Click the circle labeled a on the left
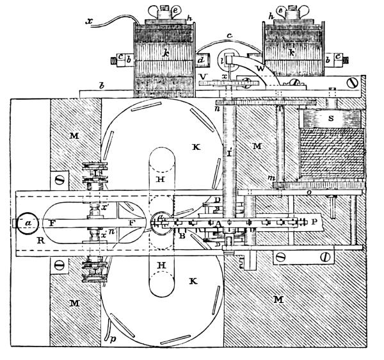coord(26,222)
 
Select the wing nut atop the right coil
coord(282,9)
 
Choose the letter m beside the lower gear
coord(271,177)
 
